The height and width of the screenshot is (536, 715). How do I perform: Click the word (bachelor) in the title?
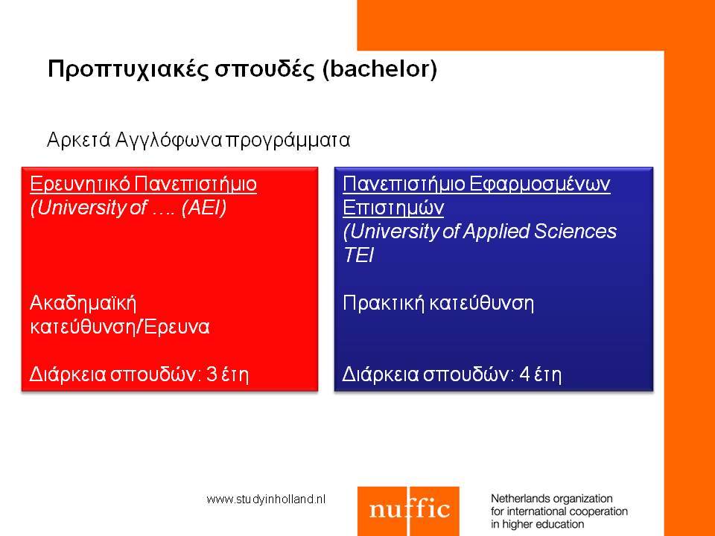[379, 68]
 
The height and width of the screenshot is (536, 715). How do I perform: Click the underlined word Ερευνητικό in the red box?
[80, 184]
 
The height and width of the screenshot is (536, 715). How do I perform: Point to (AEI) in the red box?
[204, 208]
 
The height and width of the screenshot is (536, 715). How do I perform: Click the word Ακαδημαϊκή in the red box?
[83, 303]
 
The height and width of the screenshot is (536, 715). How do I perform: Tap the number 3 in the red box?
[212, 374]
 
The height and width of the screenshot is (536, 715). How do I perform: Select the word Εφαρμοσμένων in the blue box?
[539, 184]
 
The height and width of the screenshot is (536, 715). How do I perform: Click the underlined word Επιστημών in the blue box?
[393, 208]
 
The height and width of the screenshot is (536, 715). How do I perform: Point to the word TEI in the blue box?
[359, 255]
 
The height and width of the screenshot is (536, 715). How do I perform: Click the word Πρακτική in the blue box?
[384, 303]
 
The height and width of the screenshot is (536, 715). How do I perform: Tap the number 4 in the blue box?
[525, 374]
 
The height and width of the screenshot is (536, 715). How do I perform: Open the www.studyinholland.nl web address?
[267, 499]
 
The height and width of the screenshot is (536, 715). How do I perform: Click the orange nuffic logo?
[408, 511]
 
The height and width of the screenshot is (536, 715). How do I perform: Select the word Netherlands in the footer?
[518, 499]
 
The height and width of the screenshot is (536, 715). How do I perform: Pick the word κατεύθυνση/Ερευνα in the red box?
[119, 327]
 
